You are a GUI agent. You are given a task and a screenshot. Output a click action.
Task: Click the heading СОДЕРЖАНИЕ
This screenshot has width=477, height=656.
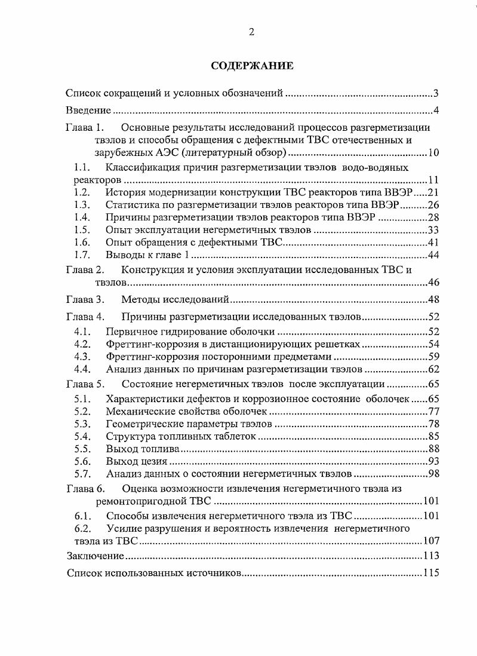(x=252, y=66)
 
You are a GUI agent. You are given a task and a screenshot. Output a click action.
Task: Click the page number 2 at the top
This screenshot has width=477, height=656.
(x=252, y=32)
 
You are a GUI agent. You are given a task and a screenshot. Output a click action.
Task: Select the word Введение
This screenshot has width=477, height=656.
(x=89, y=111)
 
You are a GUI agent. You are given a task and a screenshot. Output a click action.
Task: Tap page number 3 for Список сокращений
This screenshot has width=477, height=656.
(x=436, y=93)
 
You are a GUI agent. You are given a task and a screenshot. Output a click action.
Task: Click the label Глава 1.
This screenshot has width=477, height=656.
(x=85, y=128)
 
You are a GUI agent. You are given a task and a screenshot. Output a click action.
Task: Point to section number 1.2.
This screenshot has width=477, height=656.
(x=82, y=192)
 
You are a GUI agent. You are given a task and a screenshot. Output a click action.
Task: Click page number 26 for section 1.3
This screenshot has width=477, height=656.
(x=433, y=205)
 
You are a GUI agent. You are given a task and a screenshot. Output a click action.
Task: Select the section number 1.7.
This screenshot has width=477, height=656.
(x=82, y=255)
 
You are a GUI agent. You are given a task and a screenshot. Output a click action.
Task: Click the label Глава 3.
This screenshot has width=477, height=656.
(x=85, y=299)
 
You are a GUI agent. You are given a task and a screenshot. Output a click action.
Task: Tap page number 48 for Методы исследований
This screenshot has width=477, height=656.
(x=433, y=299)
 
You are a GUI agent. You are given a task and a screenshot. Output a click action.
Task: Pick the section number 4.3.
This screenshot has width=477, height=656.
(x=82, y=357)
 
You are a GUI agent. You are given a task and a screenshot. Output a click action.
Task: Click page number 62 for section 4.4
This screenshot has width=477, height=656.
(x=433, y=369)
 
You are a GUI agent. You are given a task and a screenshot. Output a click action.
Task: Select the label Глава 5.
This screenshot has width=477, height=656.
(x=85, y=385)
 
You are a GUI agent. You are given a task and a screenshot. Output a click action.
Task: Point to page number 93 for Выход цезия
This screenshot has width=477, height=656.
(x=433, y=462)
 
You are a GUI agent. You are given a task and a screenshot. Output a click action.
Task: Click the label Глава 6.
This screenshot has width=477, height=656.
(x=85, y=489)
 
